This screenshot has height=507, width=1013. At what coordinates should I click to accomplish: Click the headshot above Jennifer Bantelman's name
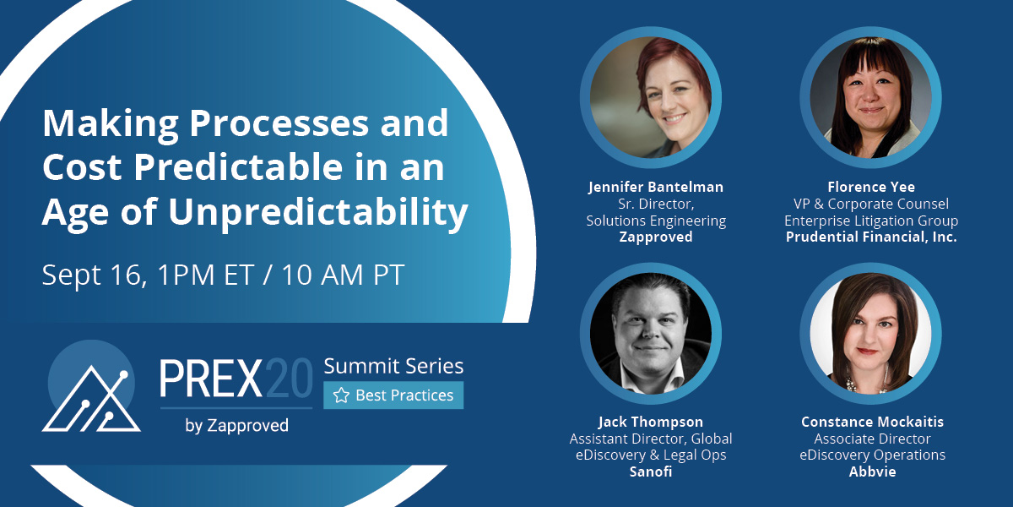point(651,97)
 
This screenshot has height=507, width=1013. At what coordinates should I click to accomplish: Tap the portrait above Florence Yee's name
point(870,97)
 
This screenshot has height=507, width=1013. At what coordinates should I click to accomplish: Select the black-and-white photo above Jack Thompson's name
point(651,334)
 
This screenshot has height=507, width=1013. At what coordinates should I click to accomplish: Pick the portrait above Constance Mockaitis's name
point(870,334)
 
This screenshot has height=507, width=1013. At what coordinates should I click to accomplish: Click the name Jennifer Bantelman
point(656,187)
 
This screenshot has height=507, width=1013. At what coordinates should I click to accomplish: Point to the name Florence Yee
point(871,187)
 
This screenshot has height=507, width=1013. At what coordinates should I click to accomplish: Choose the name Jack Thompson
point(651,422)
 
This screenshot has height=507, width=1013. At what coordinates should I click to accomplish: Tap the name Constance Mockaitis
point(872,422)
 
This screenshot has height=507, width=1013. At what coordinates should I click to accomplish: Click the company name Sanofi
point(651,472)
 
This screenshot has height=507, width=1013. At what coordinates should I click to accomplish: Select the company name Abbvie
point(872,472)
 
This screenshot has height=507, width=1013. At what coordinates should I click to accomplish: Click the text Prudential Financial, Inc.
point(871,237)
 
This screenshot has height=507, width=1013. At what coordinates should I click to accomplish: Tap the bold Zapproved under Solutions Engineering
point(656,237)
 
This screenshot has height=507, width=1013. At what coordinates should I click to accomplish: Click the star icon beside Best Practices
point(341,395)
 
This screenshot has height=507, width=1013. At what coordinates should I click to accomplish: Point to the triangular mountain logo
point(91,399)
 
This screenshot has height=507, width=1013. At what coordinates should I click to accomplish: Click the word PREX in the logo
point(211,379)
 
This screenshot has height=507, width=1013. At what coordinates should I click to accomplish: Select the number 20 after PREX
point(289,379)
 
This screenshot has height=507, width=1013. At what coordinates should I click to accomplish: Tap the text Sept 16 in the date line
point(95,275)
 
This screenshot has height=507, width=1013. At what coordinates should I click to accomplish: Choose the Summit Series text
point(393,366)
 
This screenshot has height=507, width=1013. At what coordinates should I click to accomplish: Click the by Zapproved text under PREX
point(236,426)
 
